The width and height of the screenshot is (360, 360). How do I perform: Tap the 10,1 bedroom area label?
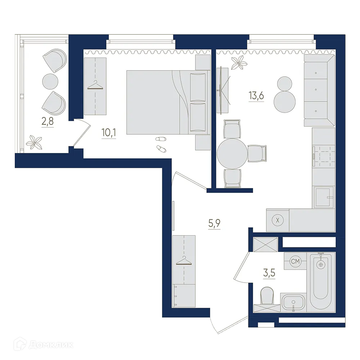tap(108, 133)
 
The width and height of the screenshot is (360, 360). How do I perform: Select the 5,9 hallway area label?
tap(214, 224)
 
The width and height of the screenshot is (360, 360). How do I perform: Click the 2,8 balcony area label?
tap(48, 121)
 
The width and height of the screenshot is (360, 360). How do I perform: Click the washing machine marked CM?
tap(295, 261)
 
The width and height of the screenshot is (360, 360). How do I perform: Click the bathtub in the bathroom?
tap(320, 281)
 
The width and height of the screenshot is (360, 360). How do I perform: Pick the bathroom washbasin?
tap(294, 302)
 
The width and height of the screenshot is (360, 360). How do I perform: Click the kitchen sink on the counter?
tap(323, 197)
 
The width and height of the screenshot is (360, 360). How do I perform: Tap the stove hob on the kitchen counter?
tap(324, 155)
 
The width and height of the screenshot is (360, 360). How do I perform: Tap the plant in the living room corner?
tap(239, 63)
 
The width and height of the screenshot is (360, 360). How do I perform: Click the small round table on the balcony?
tap(50, 81)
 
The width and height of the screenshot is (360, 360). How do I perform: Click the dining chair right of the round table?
tap(257, 153)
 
